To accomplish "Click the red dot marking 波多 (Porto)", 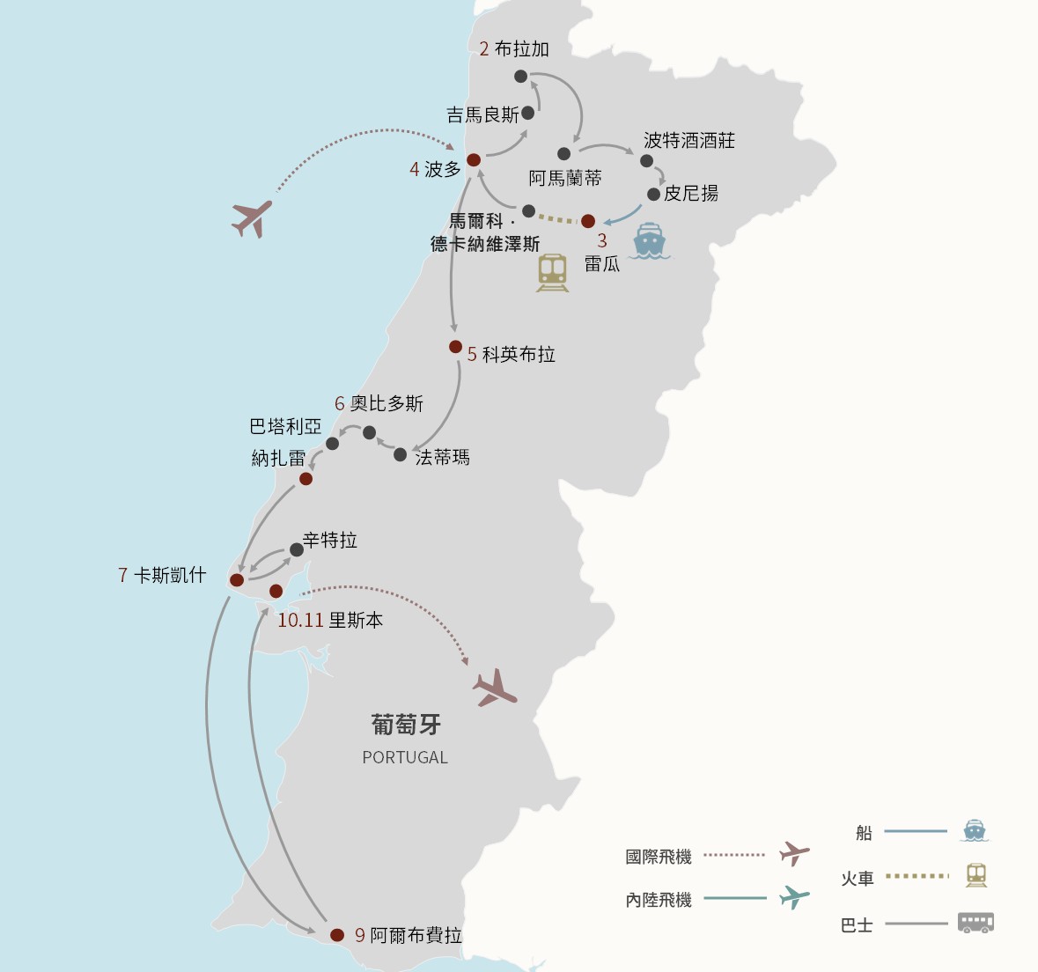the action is pyautogui.click(x=474, y=159).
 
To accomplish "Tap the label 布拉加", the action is pyautogui.click(x=522, y=49).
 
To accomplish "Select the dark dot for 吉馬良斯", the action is pyautogui.click(x=527, y=113).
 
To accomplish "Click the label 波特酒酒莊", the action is pyautogui.click(x=689, y=140).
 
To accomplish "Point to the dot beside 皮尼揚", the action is pyautogui.click(x=653, y=194).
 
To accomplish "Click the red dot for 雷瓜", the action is pyautogui.click(x=588, y=220).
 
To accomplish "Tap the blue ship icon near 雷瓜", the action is pyautogui.click(x=649, y=240).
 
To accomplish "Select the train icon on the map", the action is pyautogui.click(x=552, y=273).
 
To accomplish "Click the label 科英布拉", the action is pyautogui.click(x=519, y=354).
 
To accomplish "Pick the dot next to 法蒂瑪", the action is pyautogui.click(x=400, y=455).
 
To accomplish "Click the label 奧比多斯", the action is pyautogui.click(x=386, y=403).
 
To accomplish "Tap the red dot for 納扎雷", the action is pyautogui.click(x=306, y=479).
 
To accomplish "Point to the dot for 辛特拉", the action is pyautogui.click(x=297, y=549).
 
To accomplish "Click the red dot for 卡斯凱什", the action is pyautogui.click(x=236, y=580).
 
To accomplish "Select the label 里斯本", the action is pyautogui.click(x=357, y=621).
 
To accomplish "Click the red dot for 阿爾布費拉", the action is pyautogui.click(x=337, y=935).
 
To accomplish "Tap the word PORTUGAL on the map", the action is pyautogui.click(x=405, y=757).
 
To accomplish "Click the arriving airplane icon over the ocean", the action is pyautogui.click(x=252, y=217).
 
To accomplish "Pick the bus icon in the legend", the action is pyautogui.click(x=975, y=923).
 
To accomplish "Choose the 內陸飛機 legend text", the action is pyautogui.click(x=659, y=900).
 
